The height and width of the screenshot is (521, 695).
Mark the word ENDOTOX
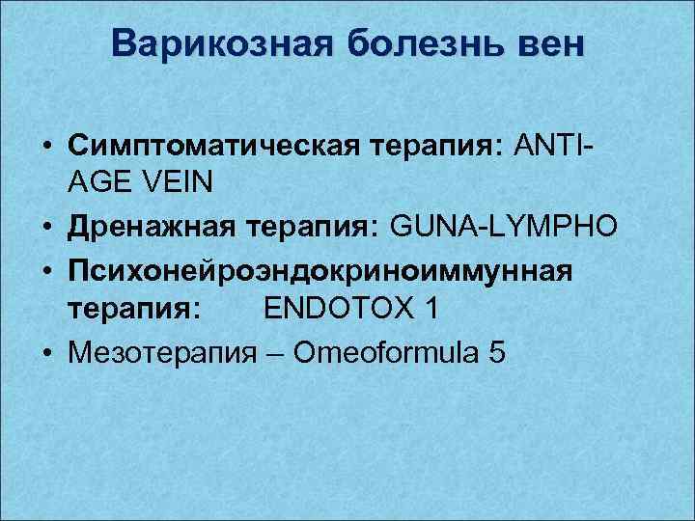point(343,309)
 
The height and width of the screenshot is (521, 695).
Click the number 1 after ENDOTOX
point(431,309)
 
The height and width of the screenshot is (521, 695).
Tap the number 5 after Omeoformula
point(497,353)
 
